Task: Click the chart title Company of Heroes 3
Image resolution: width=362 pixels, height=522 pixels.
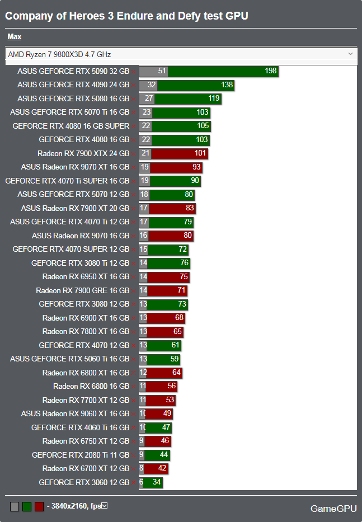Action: [126, 16]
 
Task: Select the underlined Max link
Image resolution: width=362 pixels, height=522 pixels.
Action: [15, 37]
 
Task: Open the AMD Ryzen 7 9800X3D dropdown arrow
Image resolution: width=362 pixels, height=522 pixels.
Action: [351, 54]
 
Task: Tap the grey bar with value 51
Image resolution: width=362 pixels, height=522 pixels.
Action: [153, 72]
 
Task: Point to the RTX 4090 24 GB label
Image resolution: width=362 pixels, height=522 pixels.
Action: [73, 85]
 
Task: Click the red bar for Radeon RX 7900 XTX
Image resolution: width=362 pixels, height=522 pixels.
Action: [179, 153]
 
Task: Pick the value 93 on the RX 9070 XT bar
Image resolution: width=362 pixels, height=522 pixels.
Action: [196, 167]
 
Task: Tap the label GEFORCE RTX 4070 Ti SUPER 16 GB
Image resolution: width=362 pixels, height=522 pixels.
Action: [67, 181]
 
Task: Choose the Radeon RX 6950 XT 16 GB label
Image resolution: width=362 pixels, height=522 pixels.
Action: [86, 276]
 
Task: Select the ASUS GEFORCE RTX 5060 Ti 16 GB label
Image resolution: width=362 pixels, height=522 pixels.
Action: [69, 359]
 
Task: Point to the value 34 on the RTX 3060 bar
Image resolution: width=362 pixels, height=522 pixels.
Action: [157, 482]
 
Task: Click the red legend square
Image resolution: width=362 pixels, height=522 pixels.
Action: [39, 507]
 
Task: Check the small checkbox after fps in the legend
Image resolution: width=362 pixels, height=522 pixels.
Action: [104, 506]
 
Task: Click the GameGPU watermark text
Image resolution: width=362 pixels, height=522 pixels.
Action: [333, 509]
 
